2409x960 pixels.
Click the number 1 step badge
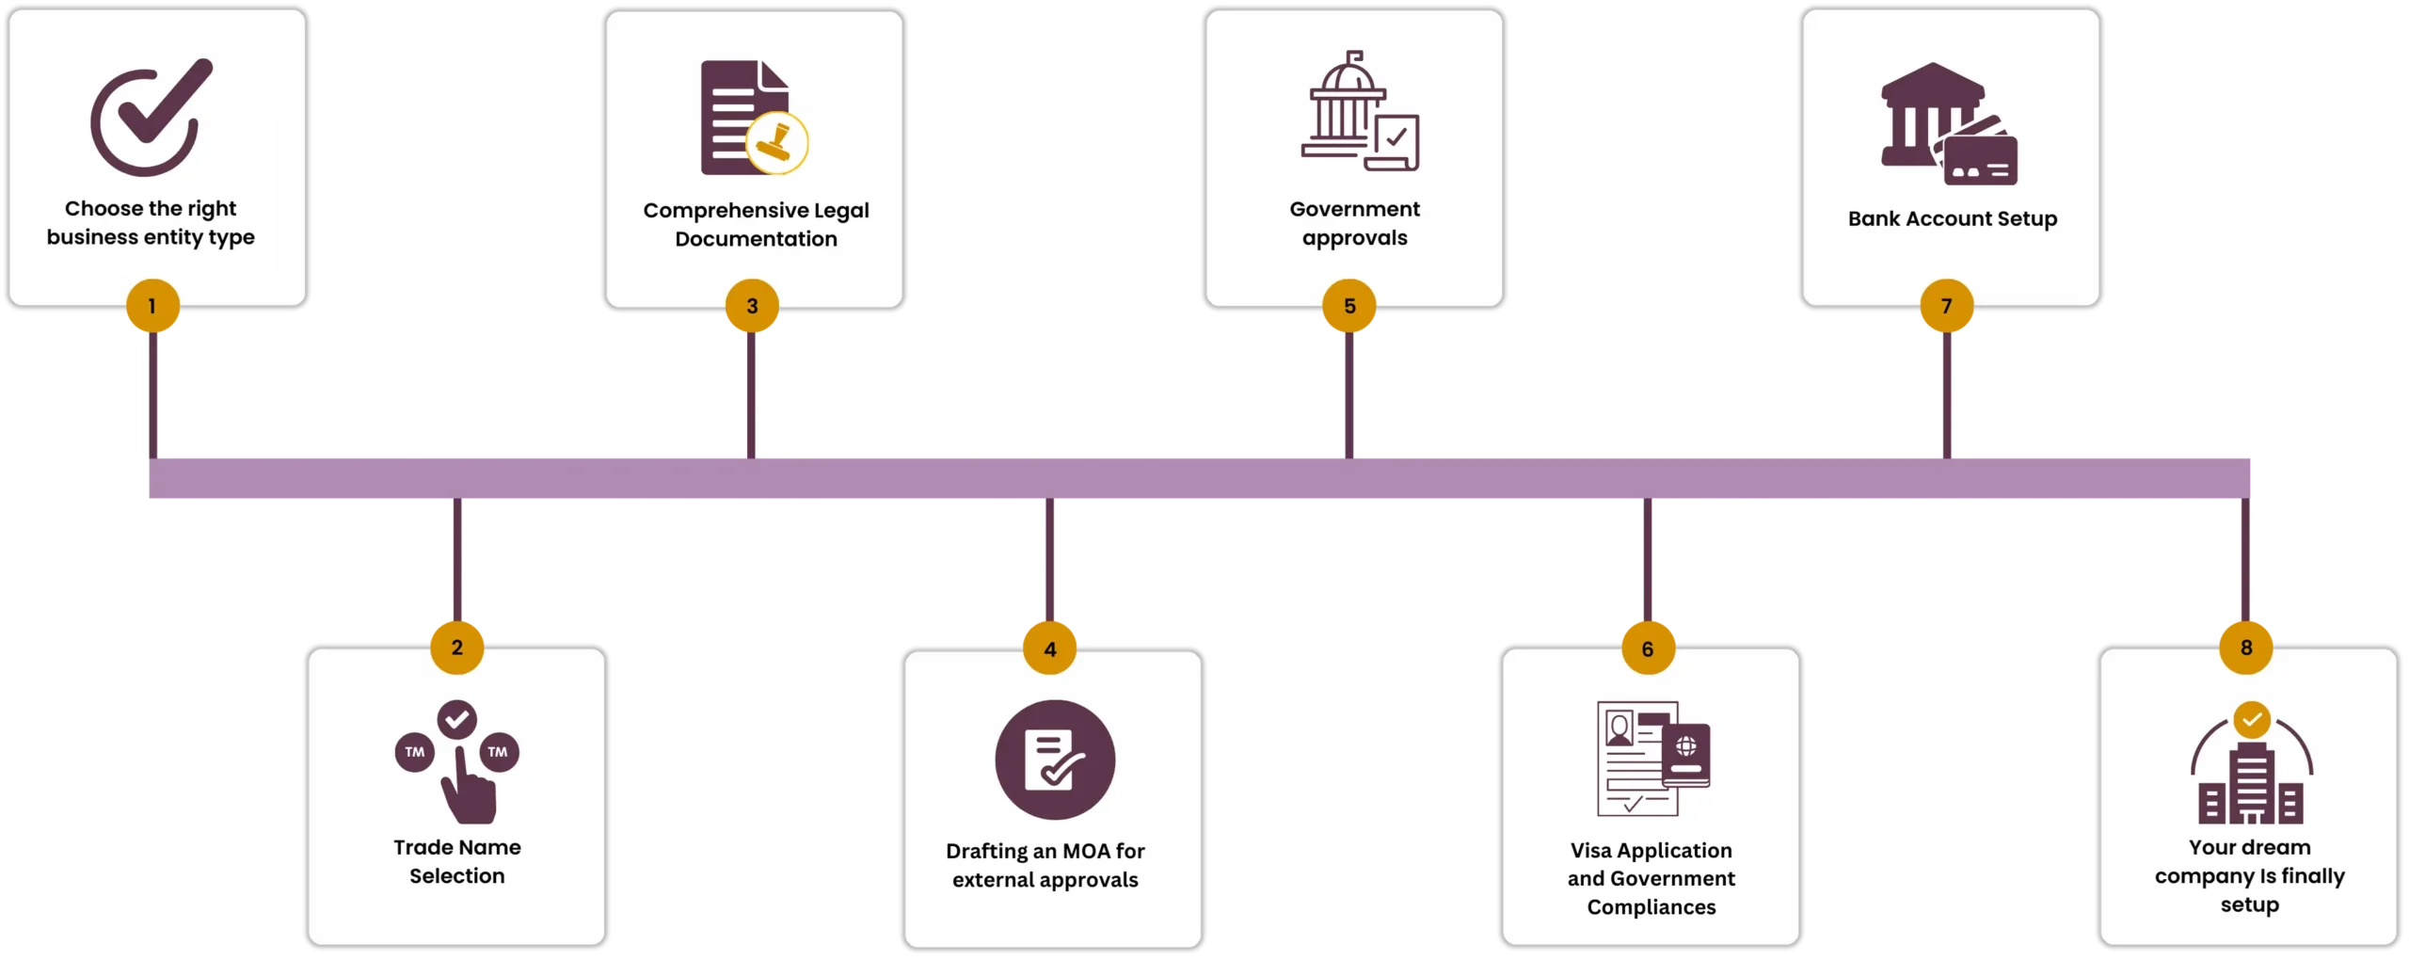tap(152, 306)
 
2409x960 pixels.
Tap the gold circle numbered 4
tap(1050, 648)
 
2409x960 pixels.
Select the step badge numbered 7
tap(1946, 306)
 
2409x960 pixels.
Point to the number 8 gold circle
tap(2246, 648)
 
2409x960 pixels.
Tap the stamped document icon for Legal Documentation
tap(754, 119)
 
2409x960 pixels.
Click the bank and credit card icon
tap(1949, 123)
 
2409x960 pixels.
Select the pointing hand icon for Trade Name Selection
tap(458, 761)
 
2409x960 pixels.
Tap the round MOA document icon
tap(1055, 760)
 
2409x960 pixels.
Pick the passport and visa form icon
tap(1652, 758)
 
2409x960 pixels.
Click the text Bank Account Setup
tap(1952, 219)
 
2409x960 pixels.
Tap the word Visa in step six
tap(1590, 851)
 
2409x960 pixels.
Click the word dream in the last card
tap(2278, 848)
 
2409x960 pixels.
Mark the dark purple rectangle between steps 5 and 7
tap(1648, 395)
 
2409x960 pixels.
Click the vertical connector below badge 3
tap(752, 395)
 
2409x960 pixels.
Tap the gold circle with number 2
tap(457, 648)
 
